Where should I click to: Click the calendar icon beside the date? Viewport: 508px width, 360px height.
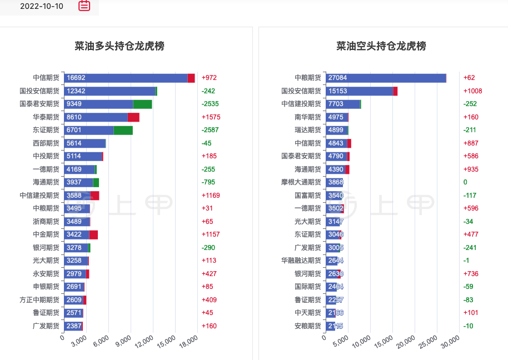(x=84, y=6)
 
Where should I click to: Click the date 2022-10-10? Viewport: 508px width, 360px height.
(x=42, y=7)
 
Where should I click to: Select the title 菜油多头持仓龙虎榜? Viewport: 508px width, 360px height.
(x=119, y=46)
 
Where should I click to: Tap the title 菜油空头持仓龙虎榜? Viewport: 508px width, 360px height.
(x=381, y=46)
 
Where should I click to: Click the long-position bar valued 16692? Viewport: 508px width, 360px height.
(x=126, y=78)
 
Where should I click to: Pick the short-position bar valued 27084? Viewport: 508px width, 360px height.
(x=386, y=78)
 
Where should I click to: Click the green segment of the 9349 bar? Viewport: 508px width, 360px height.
(x=142, y=104)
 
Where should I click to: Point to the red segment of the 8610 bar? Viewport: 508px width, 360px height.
(x=133, y=117)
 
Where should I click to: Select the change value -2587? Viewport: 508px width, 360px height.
(x=210, y=130)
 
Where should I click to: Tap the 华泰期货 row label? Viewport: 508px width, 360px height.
(x=46, y=117)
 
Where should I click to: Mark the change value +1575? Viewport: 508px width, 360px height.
(x=211, y=117)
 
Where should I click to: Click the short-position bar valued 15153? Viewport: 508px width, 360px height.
(x=360, y=91)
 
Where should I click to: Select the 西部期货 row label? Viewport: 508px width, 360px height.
(x=46, y=143)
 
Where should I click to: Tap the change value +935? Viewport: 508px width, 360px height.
(x=472, y=169)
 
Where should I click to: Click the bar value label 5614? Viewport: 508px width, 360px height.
(x=74, y=143)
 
